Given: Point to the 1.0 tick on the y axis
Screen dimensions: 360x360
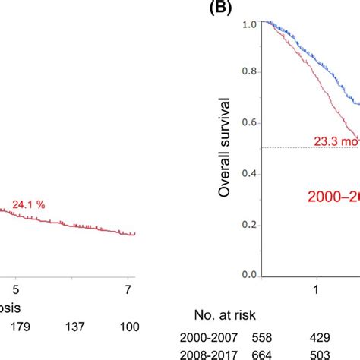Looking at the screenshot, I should [248, 24].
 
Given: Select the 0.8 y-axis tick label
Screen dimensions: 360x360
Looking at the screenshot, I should [248, 74].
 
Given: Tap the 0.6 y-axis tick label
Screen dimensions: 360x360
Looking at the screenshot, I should [248, 123].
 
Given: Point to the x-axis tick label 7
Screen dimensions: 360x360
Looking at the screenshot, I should [130, 290].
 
